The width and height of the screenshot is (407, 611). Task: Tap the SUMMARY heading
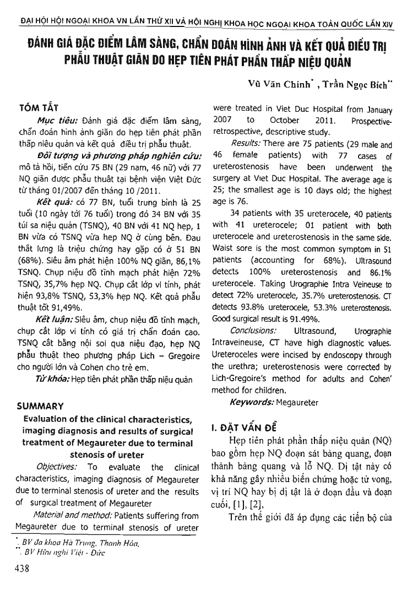[41, 405]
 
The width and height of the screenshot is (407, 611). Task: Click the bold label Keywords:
[254, 403]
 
